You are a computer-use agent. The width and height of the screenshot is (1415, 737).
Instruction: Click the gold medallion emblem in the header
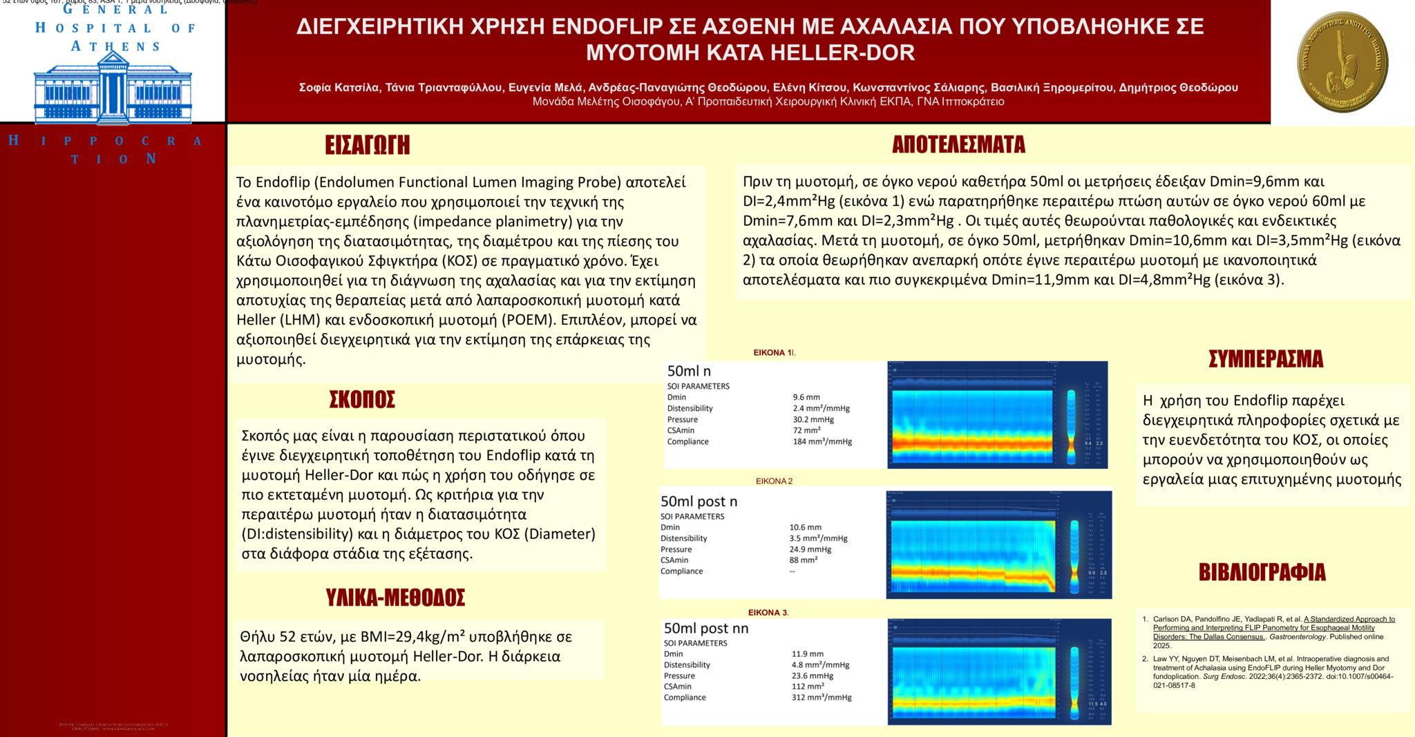tap(1342, 62)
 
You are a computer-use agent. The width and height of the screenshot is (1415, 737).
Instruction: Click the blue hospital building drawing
tap(113, 90)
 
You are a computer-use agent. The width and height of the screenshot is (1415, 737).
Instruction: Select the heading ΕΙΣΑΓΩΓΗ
tap(368, 145)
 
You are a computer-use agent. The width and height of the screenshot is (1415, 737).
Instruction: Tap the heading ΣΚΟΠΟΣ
tap(362, 400)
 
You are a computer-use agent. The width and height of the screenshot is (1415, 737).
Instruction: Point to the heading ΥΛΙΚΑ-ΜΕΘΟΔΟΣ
tap(395, 597)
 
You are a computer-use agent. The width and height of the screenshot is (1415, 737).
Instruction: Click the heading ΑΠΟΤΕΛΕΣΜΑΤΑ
tap(958, 144)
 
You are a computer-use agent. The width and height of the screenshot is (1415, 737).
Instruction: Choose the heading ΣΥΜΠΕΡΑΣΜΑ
tap(1266, 359)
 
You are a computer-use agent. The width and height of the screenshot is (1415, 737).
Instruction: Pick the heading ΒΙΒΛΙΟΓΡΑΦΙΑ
tap(1262, 573)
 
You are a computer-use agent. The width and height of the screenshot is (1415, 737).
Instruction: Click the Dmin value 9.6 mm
tap(806, 397)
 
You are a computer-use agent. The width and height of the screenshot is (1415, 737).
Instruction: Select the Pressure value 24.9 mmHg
tap(810, 549)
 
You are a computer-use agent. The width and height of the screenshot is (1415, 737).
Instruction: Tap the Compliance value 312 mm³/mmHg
tap(822, 698)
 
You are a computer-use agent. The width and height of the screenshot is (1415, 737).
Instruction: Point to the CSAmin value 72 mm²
tap(806, 430)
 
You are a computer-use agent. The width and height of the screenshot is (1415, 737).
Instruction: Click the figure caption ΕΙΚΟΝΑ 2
tap(774, 481)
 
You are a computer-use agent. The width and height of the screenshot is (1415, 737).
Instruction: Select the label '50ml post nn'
tap(706, 629)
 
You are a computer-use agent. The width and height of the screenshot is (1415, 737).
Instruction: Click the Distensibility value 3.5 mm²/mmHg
tap(818, 538)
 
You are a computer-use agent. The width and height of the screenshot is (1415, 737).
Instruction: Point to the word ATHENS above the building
tap(115, 47)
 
